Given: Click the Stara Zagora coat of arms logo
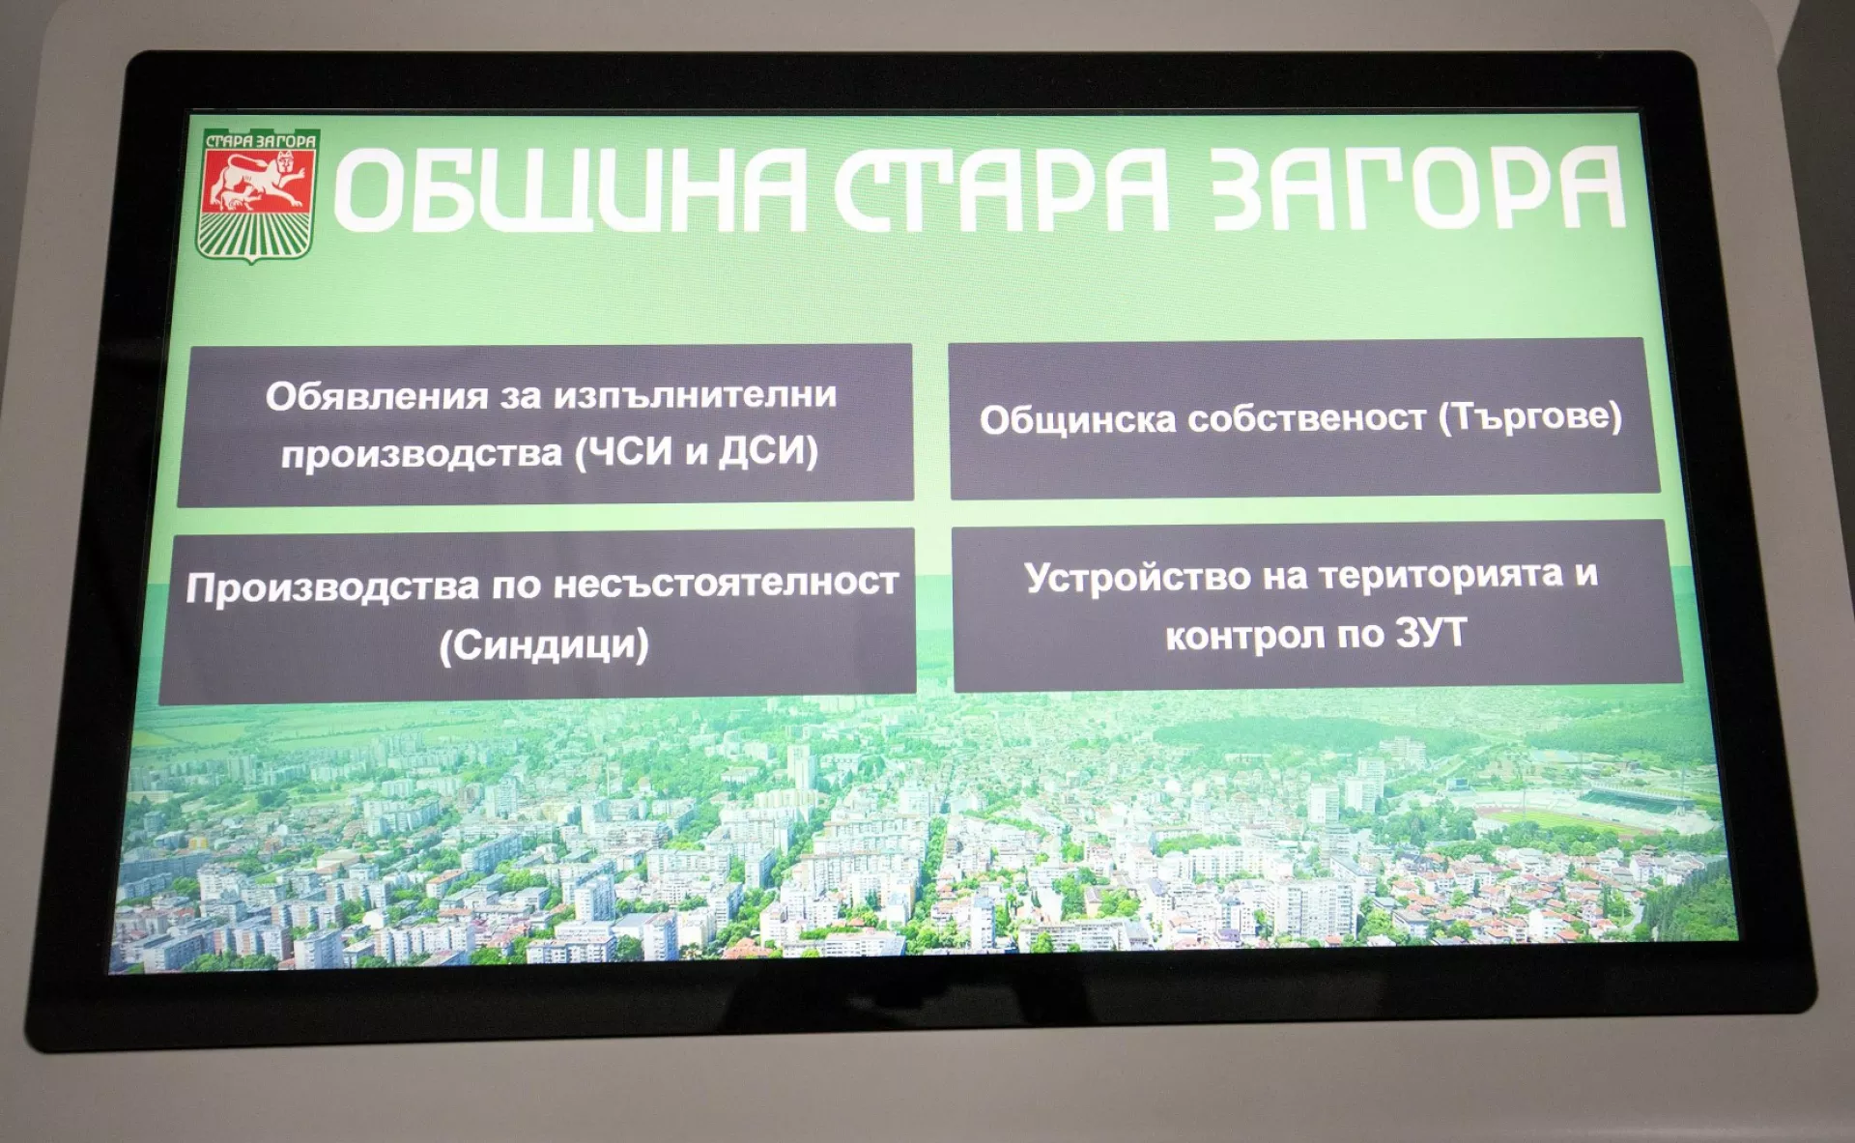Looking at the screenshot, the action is click(257, 195).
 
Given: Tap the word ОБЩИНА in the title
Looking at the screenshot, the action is click(570, 190).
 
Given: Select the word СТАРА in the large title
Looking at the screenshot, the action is click(1002, 189).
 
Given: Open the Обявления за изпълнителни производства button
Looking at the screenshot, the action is click(546, 424).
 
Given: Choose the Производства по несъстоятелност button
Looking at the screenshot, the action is click(538, 614).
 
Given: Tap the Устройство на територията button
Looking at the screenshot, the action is click(1316, 606).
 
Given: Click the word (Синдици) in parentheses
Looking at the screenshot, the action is click(544, 644).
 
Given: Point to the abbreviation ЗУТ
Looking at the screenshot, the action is click(1430, 634).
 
